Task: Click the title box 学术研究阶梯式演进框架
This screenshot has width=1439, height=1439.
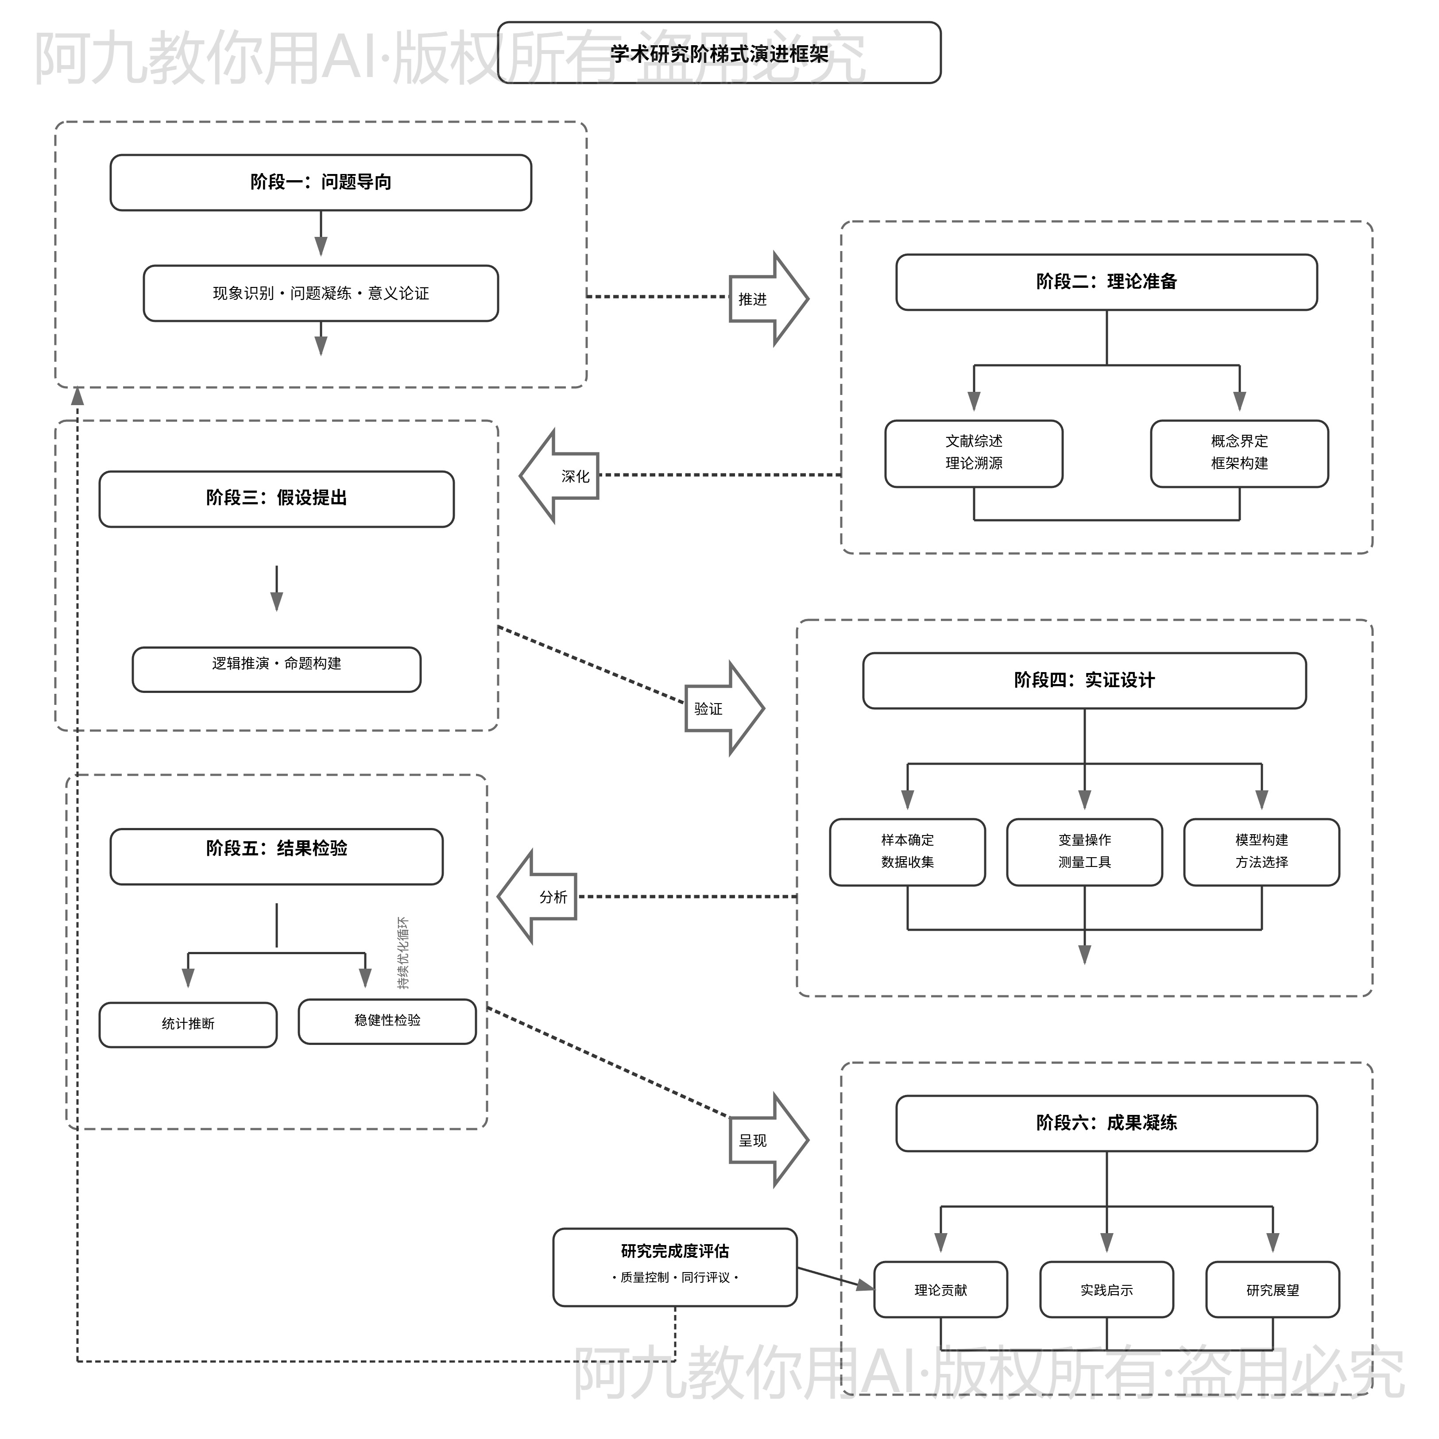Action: coord(719,53)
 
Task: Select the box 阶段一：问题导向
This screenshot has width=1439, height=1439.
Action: coord(321,182)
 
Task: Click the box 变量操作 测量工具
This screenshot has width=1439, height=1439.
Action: coord(1084,851)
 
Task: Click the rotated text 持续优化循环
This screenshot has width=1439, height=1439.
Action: coord(403,953)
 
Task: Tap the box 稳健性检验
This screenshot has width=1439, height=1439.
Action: coord(387,1021)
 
